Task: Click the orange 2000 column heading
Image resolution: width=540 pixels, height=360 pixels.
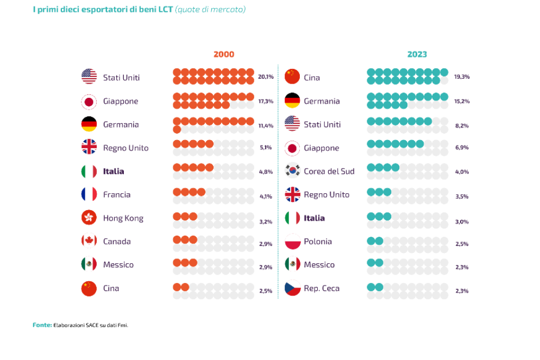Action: point(224,54)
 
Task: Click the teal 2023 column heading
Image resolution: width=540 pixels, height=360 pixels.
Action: point(417,54)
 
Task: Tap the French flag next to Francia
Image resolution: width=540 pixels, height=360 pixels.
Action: point(89,194)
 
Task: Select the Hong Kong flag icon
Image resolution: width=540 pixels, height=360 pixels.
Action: point(89,218)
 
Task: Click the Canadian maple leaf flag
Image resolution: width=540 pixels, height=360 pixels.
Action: point(89,241)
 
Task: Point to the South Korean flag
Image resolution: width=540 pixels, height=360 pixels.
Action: point(292,170)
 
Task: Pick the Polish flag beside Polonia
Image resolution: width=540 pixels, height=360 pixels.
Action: point(292,241)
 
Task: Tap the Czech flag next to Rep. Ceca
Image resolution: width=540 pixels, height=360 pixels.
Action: point(292,288)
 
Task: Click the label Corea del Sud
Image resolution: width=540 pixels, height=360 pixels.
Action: point(329,171)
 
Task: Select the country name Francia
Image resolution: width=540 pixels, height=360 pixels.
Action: point(117,194)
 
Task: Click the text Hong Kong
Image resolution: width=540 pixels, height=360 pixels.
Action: point(123,218)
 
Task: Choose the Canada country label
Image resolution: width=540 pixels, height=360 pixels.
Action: point(117,241)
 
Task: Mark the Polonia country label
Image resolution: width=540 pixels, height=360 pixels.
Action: point(318,241)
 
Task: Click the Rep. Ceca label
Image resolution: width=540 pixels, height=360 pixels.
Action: point(322,288)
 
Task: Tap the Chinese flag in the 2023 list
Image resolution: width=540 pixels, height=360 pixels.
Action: point(292,77)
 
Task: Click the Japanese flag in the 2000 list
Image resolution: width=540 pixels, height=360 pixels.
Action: point(89,101)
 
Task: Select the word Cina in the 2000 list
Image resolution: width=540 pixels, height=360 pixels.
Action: point(111,288)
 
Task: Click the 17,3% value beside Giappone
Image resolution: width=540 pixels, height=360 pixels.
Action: point(266,102)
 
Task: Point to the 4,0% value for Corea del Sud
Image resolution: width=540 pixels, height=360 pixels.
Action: point(461,172)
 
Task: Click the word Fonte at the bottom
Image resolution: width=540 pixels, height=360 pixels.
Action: point(42,325)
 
